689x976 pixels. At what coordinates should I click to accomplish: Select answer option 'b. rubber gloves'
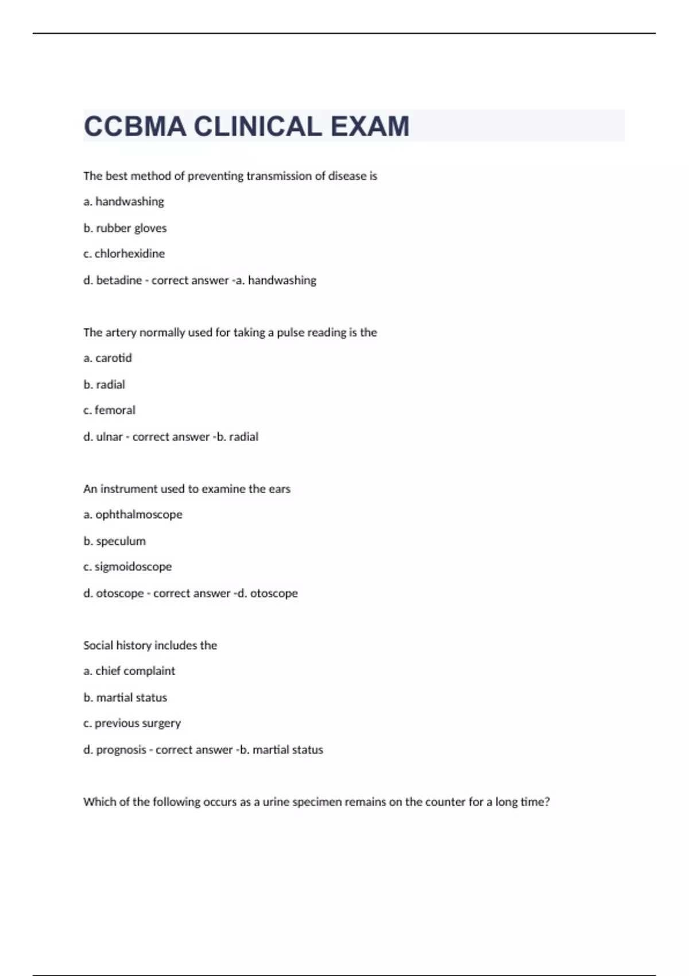[x=125, y=228]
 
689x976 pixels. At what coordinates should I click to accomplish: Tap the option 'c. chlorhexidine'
[x=124, y=254]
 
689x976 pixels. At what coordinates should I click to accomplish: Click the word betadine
[x=119, y=280]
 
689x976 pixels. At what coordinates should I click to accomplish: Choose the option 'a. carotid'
[x=108, y=358]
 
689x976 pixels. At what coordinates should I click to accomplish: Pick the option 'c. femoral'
[x=110, y=410]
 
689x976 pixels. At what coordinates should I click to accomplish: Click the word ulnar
[x=109, y=437]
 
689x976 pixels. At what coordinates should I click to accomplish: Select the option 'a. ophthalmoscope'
[x=133, y=514]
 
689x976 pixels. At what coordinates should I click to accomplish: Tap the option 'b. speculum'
[x=115, y=541]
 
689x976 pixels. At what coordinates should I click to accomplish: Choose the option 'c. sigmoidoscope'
[x=127, y=567]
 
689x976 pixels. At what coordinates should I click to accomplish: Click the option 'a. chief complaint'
[x=129, y=671]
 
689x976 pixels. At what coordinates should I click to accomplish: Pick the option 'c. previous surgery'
[x=132, y=723]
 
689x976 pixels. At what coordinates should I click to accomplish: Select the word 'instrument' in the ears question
[x=129, y=489]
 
